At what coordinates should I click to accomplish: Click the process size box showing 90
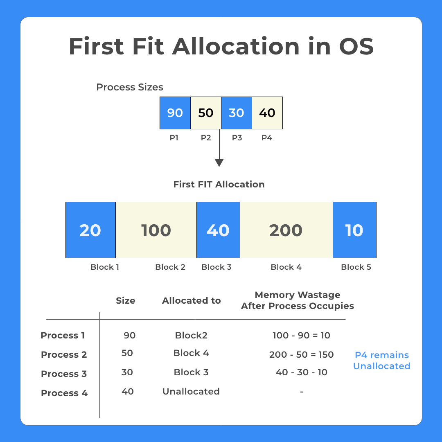pos(175,113)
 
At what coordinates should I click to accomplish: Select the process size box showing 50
pos(206,113)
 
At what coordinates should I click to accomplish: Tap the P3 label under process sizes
pos(237,138)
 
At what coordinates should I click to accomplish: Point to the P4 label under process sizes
pos(267,138)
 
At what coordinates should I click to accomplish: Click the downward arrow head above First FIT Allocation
pos(219,162)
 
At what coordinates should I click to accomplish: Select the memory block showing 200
pos(286,230)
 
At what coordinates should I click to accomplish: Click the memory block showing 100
pos(156,230)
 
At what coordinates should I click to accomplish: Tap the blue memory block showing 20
pos(90,230)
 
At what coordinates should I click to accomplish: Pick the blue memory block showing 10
pos(354,230)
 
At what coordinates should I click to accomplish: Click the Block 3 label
pos(216,267)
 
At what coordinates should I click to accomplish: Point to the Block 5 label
pos(356,267)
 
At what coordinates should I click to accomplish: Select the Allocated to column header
pos(191,301)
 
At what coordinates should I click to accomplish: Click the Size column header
pos(125,301)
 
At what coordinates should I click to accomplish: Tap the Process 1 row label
pos(63,336)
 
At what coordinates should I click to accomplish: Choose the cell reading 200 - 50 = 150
pos(302,355)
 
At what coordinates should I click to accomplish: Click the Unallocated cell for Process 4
pos(191,392)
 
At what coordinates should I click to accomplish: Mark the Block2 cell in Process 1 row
pos(191,336)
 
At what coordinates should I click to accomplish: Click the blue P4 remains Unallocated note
pos(382,361)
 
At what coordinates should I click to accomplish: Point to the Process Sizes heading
pos(130,87)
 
